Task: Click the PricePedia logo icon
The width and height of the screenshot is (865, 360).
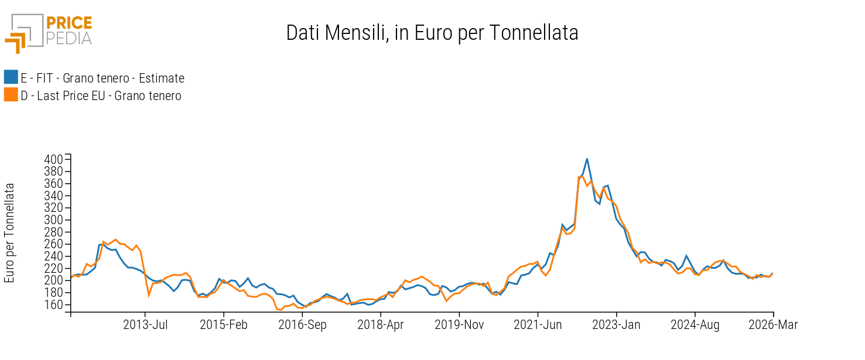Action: coord(23,33)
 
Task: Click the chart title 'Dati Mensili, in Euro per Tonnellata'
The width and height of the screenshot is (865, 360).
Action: coord(432,33)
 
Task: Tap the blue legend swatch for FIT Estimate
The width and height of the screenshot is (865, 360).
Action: coord(11,77)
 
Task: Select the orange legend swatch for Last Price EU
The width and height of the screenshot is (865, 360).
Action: coord(11,95)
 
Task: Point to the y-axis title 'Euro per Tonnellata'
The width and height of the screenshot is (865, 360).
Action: coord(9,232)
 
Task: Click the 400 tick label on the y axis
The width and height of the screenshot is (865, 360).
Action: coord(53,159)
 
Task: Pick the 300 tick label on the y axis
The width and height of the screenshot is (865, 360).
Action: coord(53,220)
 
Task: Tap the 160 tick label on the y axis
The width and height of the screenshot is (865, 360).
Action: coord(53,305)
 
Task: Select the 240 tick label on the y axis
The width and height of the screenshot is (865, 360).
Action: coord(53,256)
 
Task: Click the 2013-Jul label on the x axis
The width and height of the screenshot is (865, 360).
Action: coord(145,325)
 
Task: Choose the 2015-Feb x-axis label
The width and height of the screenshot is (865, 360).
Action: coord(224,325)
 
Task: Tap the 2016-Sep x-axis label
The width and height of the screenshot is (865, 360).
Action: coord(302,325)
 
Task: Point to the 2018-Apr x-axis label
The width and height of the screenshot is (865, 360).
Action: coord(381,325)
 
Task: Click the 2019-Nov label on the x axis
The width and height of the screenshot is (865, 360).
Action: coord(459,325)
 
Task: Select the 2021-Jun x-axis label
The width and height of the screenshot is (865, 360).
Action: coord(538,325)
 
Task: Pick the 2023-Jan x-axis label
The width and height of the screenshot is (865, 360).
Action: coord(617,325)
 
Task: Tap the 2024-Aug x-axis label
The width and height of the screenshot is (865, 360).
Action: coord(695,325)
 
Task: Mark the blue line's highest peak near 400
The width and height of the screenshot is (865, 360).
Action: coord(587,159)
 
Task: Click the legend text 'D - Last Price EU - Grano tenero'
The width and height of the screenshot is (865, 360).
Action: coord(101,96)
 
